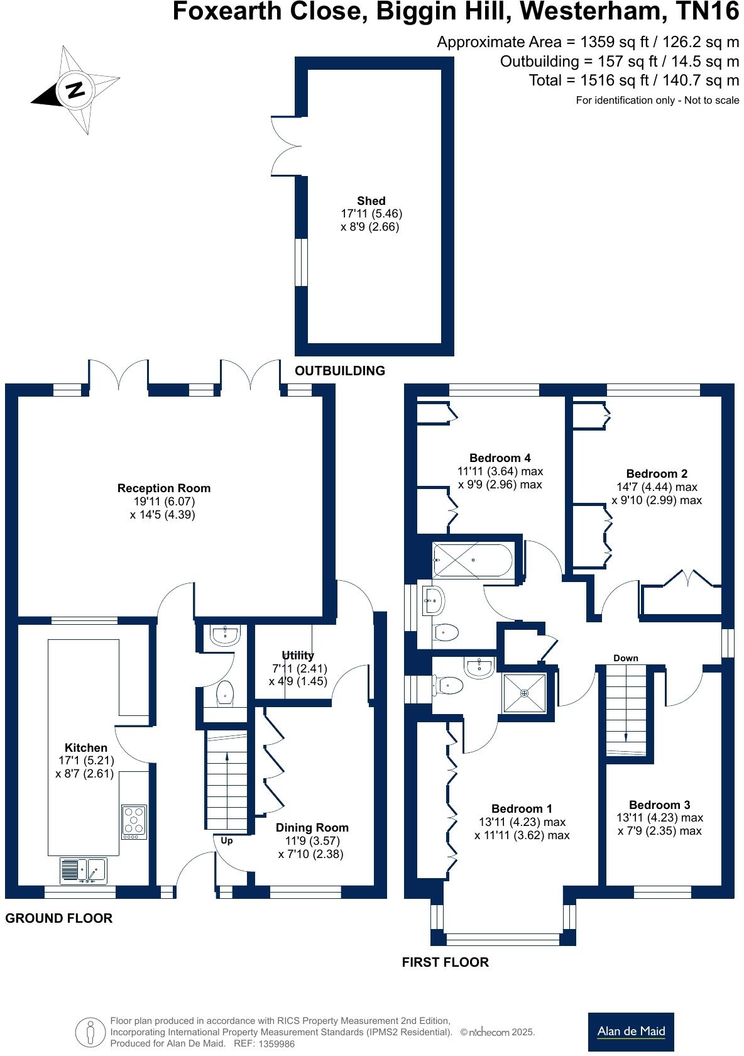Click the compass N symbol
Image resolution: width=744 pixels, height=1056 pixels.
click(x=75, y=90)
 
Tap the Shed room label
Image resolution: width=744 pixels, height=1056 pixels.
click(x=371, y=201)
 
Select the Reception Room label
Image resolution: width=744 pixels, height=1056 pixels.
click(x=164, y=488)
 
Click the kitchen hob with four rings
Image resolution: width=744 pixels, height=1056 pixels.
click(x=134, y=822)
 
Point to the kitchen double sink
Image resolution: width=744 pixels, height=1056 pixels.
click(x=84, y=871)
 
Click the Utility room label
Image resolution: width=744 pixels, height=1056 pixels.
click(x=298, y=656)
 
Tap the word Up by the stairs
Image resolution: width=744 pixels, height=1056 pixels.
click(x=227, y=840)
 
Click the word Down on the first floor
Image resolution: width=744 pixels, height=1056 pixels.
click(x=625, y=658)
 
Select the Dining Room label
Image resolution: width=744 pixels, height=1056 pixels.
click(x=312, y=828)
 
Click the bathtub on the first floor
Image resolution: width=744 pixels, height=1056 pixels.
click(x=473, y=559)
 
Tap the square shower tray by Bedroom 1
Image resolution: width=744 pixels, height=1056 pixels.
click(x=524, y=693)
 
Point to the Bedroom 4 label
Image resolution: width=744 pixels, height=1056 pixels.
click(x=500, y=458)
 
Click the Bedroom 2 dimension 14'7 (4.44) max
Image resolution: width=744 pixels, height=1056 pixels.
click(x=657, y=487)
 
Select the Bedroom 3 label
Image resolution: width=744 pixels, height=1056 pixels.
click(x=659, y=805)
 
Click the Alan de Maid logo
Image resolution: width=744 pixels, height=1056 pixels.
click(x=630, y=1031)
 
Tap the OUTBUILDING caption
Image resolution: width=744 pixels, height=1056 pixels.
click(x=340, y=371)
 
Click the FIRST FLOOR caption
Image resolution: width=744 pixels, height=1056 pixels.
click(x=445, y=962)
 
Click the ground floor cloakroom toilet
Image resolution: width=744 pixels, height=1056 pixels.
click(x=225, y=694)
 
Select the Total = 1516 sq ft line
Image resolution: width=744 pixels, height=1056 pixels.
click(x=633, y=80)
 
